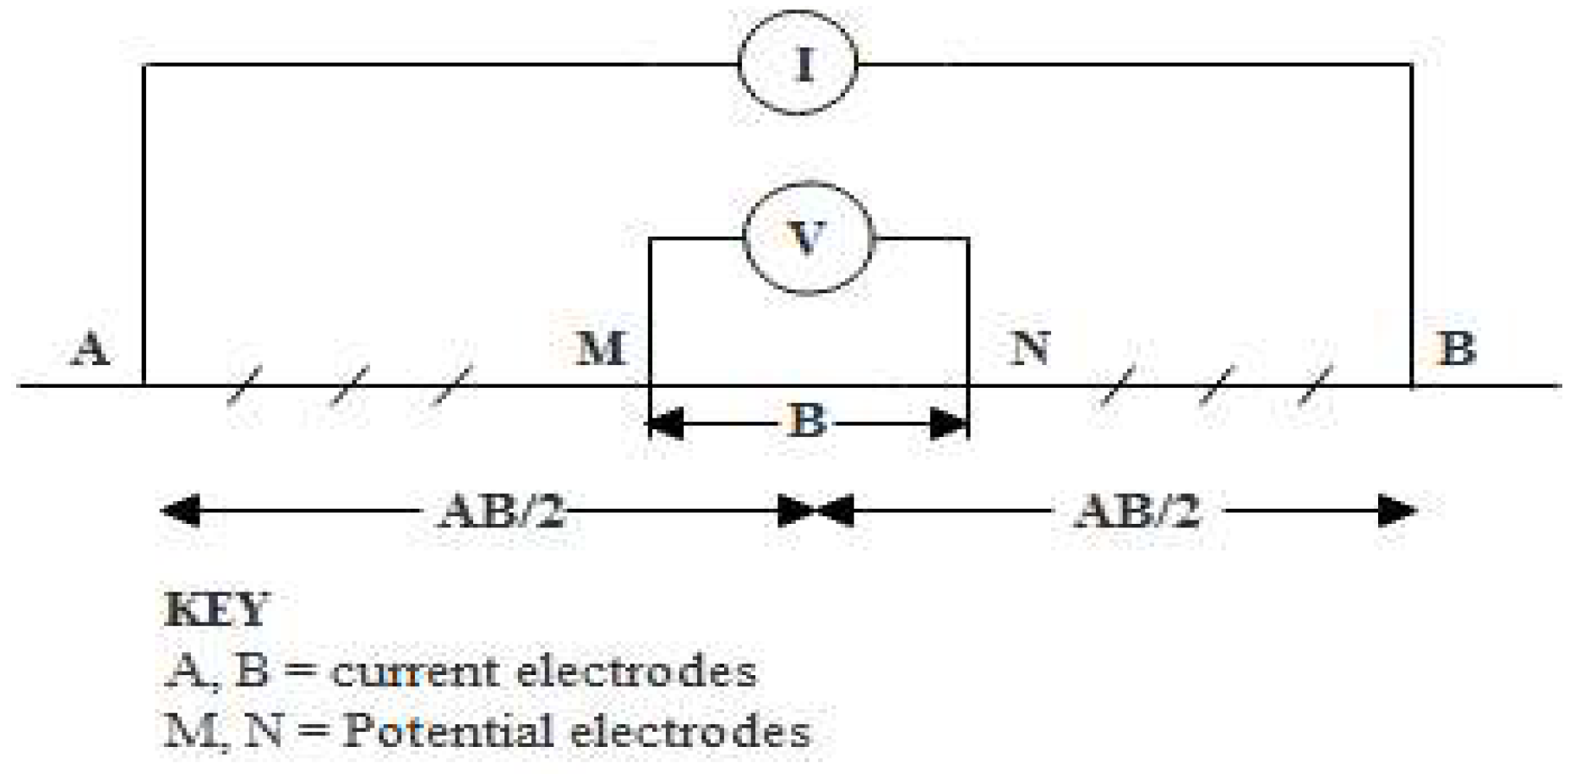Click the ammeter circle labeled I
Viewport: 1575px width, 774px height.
pyautogui.click(x=798, y=63)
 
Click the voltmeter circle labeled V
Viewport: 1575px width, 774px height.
pyautogui.click(x=807, y=238)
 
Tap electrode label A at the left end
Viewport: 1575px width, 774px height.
pyautogui.click(x=90, y=348)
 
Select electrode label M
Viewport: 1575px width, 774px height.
pyautogui.click(x=601, y=348)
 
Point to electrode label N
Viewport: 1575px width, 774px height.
pyautogui.click(x=1030, y=347)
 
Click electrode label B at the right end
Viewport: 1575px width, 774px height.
pyautogui.click(x=1457, y=348)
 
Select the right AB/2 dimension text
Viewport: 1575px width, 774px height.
pyautogui.click(x=1137, y=512)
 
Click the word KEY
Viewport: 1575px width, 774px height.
pyautogui.click(x=216, y=610)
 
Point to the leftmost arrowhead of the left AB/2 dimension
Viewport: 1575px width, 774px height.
pyautogui.click(x=180, y=511)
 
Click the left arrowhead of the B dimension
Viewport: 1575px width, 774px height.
pyautogui.click(x=666, y=423)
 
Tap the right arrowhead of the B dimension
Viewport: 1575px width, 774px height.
pyautogui.click(x=948, y=423)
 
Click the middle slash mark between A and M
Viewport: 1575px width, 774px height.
pyautogui.click(x=350, y=386)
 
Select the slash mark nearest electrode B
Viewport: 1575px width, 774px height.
pyautogui.click(x=1314, y=386)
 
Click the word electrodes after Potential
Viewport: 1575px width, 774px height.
pyautogui.click(x=690, y=732)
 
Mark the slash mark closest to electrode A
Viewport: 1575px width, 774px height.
pyautogui.click(x=246, y=386)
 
